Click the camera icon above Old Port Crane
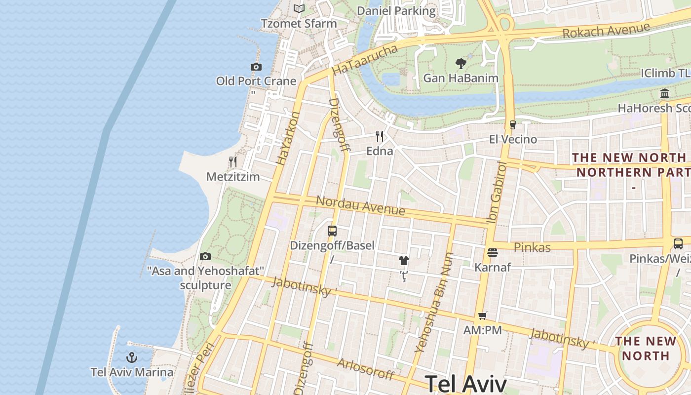[x=256, y=67]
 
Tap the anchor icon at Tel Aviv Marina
[x=132, y=357]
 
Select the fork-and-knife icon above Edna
[x=380, y=136]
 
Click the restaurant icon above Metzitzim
[x=233, y=162]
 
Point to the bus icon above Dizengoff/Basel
[x=332, y=231]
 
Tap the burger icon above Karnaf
[x=492, y=253]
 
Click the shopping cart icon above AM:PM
[x=483, y=316]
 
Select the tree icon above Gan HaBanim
[x=461, y=63]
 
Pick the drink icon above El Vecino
[x=513, y=125]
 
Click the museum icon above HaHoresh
[x=665, y=93]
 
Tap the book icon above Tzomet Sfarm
[x=299, y=8]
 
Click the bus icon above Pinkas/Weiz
[x=678, y=243]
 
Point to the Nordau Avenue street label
[x=360, y=205]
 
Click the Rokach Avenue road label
[x=606, y=31]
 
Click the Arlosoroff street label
[x=365, y=369]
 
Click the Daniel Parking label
[x=396, y=11]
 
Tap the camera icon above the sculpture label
[x=205, y=256]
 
